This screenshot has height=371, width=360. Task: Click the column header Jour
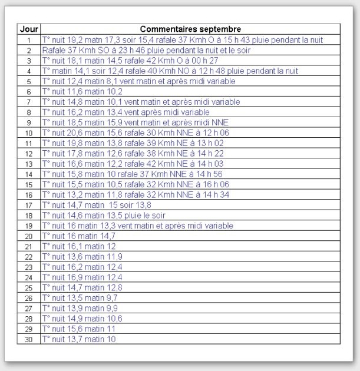tap(29, 29)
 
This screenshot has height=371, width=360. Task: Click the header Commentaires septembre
tap(190, 29)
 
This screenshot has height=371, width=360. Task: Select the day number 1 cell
tap(29, 40)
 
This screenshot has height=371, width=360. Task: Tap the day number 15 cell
tap(29, 184)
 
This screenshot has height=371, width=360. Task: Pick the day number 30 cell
tap(29, 339)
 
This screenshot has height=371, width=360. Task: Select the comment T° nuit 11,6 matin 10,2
tap(82, 91)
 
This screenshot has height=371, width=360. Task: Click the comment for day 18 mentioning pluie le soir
tap(104, 216)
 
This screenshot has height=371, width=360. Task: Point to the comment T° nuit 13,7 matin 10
tap(79, 339)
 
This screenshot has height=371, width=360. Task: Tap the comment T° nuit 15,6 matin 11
tap(79, 329)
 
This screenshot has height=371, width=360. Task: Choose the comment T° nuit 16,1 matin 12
tap(79, 246)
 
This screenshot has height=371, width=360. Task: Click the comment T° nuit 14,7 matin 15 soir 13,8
tap(97, 205)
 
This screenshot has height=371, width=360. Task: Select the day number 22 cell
tap(29, 257)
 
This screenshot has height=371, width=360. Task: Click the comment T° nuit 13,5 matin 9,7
tap(80, 298)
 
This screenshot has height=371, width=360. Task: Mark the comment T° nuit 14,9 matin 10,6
tap(82, 319)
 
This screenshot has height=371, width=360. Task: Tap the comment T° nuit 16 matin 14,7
tap(79, 236)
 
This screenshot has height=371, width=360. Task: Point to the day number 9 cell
tap(29, 122)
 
